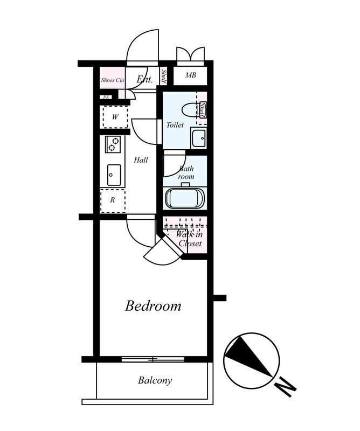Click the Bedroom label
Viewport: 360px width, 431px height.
point(153,306)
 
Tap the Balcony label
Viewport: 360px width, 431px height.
point(155,380)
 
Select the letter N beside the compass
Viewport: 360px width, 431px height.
point(286,387)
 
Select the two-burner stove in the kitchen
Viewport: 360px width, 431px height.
point(113,144)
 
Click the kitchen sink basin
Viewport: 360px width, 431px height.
point(114,175)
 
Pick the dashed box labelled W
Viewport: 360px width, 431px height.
point(115,117)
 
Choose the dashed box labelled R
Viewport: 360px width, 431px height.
point(113,200)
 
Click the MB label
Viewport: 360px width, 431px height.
point(190,75)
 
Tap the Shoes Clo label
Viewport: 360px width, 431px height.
point(113,80)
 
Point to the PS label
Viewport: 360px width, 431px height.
point(106,98)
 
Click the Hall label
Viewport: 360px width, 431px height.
point(141,160)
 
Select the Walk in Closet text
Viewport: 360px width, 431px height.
point(190,239)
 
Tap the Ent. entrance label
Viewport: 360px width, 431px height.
point(144,79)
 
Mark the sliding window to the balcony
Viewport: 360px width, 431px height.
point(153,359)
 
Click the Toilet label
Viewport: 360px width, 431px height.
point(175,125)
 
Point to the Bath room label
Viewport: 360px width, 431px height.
point(186,172)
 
